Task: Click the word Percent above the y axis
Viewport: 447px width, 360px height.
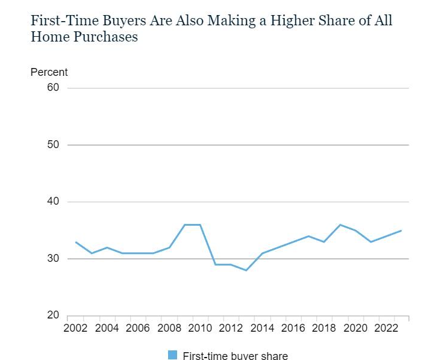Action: [49, 72]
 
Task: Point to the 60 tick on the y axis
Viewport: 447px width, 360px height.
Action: [54, 88]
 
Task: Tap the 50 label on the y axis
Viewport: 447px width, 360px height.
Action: [54, 145]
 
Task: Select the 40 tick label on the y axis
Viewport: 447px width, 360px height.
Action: [54, 202]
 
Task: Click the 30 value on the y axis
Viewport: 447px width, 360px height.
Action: [54, 259]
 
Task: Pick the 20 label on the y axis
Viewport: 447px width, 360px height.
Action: [54, 315]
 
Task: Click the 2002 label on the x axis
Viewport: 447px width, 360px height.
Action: [76, 329]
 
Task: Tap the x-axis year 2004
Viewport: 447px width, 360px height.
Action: [107, 329]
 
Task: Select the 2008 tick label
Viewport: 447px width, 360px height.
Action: [169, 329]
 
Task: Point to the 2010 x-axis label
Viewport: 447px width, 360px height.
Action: [200, 329]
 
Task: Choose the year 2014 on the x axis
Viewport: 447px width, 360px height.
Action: [261, 329]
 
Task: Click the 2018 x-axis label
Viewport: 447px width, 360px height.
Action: [324, 329]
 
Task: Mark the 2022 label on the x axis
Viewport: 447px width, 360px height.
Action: [385, 329]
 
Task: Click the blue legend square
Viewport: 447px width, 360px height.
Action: [172, 355]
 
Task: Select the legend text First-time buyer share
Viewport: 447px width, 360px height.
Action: [235, 356]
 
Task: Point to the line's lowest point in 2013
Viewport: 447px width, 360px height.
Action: [246, 270]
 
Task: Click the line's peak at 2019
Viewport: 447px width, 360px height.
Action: [340, 225]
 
